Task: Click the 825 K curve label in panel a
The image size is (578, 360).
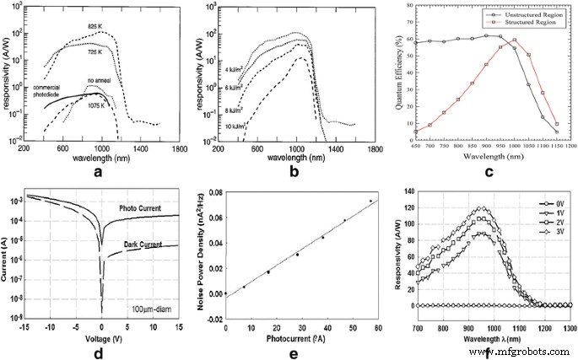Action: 95,26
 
